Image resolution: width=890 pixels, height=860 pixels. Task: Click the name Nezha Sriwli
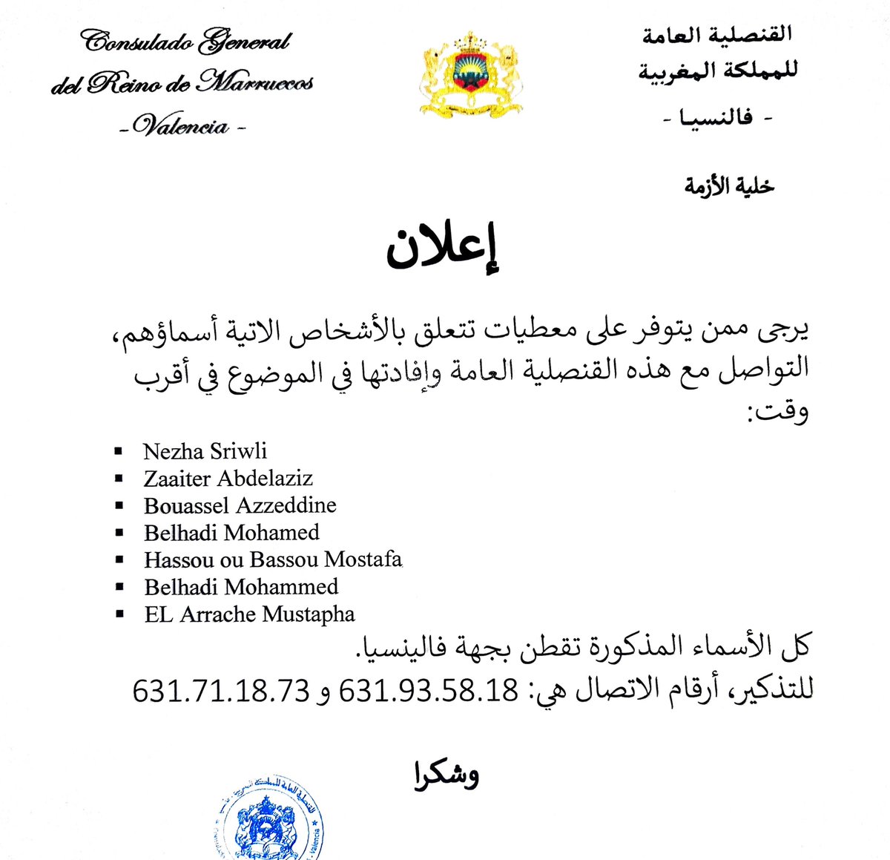coord(205,451)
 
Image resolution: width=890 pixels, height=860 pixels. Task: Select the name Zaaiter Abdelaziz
coord(228,478)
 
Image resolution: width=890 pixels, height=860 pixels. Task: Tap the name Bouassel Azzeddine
coord(240,505)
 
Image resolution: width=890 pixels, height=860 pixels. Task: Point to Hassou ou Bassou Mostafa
coord(273,559)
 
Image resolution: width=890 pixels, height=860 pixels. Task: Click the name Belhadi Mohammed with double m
coord(241,586)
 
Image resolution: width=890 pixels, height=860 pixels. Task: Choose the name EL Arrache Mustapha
coord(249,614)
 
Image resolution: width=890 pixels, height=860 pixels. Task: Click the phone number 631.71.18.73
coord(221,691)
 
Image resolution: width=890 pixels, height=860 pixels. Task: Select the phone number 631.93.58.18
coord(428,691)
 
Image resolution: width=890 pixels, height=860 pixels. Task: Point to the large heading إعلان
coord(444,249)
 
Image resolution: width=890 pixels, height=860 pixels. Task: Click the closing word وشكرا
coord(446,775)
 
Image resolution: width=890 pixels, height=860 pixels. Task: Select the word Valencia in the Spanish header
coord(182,126)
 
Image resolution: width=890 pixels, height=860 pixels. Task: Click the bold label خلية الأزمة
coord(728,186)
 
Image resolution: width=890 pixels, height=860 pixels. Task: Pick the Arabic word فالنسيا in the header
coord(716,117)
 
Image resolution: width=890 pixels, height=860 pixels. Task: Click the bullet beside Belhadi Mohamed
coord(118,533)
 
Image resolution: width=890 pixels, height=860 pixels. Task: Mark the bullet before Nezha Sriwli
coord(118,451)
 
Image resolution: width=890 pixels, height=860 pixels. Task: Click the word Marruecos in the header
coord(257,83)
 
